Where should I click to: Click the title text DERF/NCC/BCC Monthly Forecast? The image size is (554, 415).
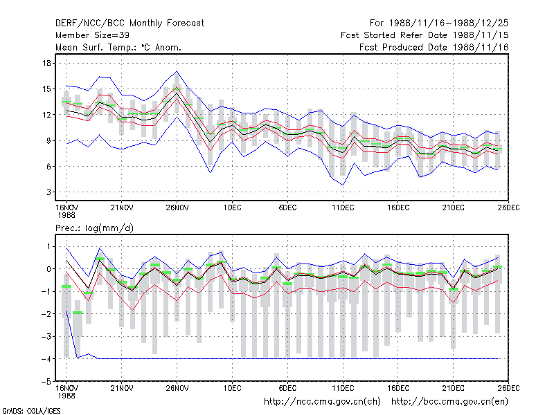pyautogui.click(x=129, y=24)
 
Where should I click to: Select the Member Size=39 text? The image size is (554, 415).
pyautogui.click(x=92, y=35)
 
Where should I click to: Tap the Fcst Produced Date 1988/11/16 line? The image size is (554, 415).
pyautogui.click(x=434, y=47)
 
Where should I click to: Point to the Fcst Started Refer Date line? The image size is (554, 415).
pyautogui.click(x=425, y=35)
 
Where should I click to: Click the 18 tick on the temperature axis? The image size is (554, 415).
pyautogui.click(x=46, y=63)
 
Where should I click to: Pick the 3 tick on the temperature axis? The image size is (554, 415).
pyautogui.click(x=48, y=192)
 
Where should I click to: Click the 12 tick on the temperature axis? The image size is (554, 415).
pyautogui.click(x=46, y=115)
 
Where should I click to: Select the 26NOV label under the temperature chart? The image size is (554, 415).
pyautogui.click(x=177, y=207)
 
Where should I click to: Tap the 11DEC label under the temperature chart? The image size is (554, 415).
pyautogui.click(x=343, y=207)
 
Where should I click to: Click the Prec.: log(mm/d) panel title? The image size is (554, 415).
pyautogui.click(x=94, y=228)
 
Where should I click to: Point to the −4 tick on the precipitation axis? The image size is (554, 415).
pyautogui.click(x=46, y=359)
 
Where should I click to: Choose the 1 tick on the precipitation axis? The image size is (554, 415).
pyautogui.click(x=48, y=246)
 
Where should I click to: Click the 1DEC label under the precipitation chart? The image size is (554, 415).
pyautogui.click(x=232, y=388)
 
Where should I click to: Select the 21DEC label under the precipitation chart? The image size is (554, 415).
pyautogui.click(x=454, y=388)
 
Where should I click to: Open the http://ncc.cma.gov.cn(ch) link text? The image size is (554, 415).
pyautogui.click(x=322, y=402)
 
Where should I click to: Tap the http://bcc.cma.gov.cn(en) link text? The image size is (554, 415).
pyautogui.click(x=449, y=402)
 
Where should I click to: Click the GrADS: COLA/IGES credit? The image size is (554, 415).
pyautogui.click(x=31, y=411)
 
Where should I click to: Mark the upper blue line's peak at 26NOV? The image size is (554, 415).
pyautogui.click(x=177, y=71)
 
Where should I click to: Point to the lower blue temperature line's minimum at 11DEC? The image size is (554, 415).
pyautogui.click(x=343, y=185)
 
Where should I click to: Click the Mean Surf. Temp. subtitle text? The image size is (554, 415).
pyautogui.click(x=118, y=47)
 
